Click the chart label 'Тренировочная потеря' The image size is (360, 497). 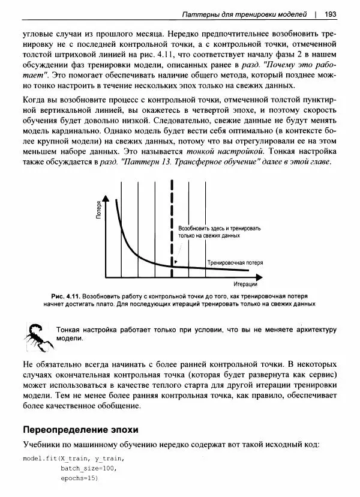[x=235, y=263]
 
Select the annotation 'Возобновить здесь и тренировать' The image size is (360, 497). [x=220, y=229]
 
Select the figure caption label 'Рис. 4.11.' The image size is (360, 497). [x=65, y=297]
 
